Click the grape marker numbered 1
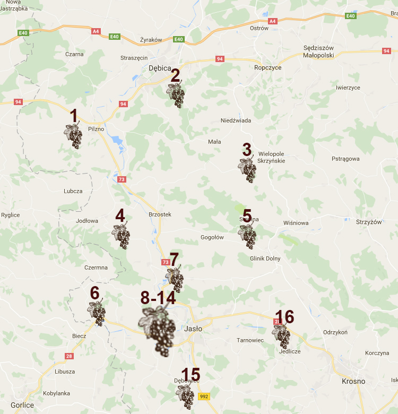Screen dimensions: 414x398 pos(74,136)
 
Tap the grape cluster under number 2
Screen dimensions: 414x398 pos(176,96)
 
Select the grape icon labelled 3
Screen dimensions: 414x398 pos(247,170)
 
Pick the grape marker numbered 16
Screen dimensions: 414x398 pos(281,335)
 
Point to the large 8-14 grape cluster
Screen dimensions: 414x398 pos(158,331)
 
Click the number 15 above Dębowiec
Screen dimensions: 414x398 pos(191,375)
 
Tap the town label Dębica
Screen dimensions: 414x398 pos(160,68)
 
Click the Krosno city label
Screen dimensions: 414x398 pos(353,381)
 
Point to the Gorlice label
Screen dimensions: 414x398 pos(22,405)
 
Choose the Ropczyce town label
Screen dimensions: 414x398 pos(267,67)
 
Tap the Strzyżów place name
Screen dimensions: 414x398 pos(369,222)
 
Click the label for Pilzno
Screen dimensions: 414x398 pos(96,128)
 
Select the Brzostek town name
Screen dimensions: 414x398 pos(160,214)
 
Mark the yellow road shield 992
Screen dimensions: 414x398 pos(204,396)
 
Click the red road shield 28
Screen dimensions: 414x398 pos(69,356)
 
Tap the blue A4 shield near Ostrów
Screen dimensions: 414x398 pos(273,21)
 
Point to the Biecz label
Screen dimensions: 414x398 pos(79,335)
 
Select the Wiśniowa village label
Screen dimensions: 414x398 pos(296,223)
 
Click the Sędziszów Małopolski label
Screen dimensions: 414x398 pos(326,51)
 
